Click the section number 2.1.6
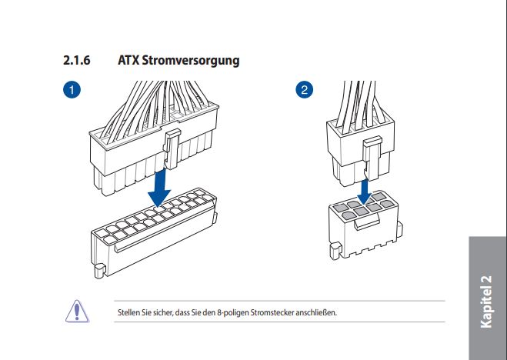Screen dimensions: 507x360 77,60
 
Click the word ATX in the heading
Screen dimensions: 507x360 128,60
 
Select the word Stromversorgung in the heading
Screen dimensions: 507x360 191,61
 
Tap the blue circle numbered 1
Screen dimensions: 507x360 72,89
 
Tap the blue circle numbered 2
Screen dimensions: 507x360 304,89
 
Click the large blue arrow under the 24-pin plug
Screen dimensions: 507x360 159,186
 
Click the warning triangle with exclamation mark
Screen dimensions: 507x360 77,312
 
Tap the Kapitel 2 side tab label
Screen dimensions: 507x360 486,302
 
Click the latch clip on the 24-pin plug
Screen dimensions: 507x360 172,148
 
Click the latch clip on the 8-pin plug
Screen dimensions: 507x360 372,158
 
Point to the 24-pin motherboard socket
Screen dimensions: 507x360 154,232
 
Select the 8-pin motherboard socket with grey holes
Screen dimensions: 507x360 365,225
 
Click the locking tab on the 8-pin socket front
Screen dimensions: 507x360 367,223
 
